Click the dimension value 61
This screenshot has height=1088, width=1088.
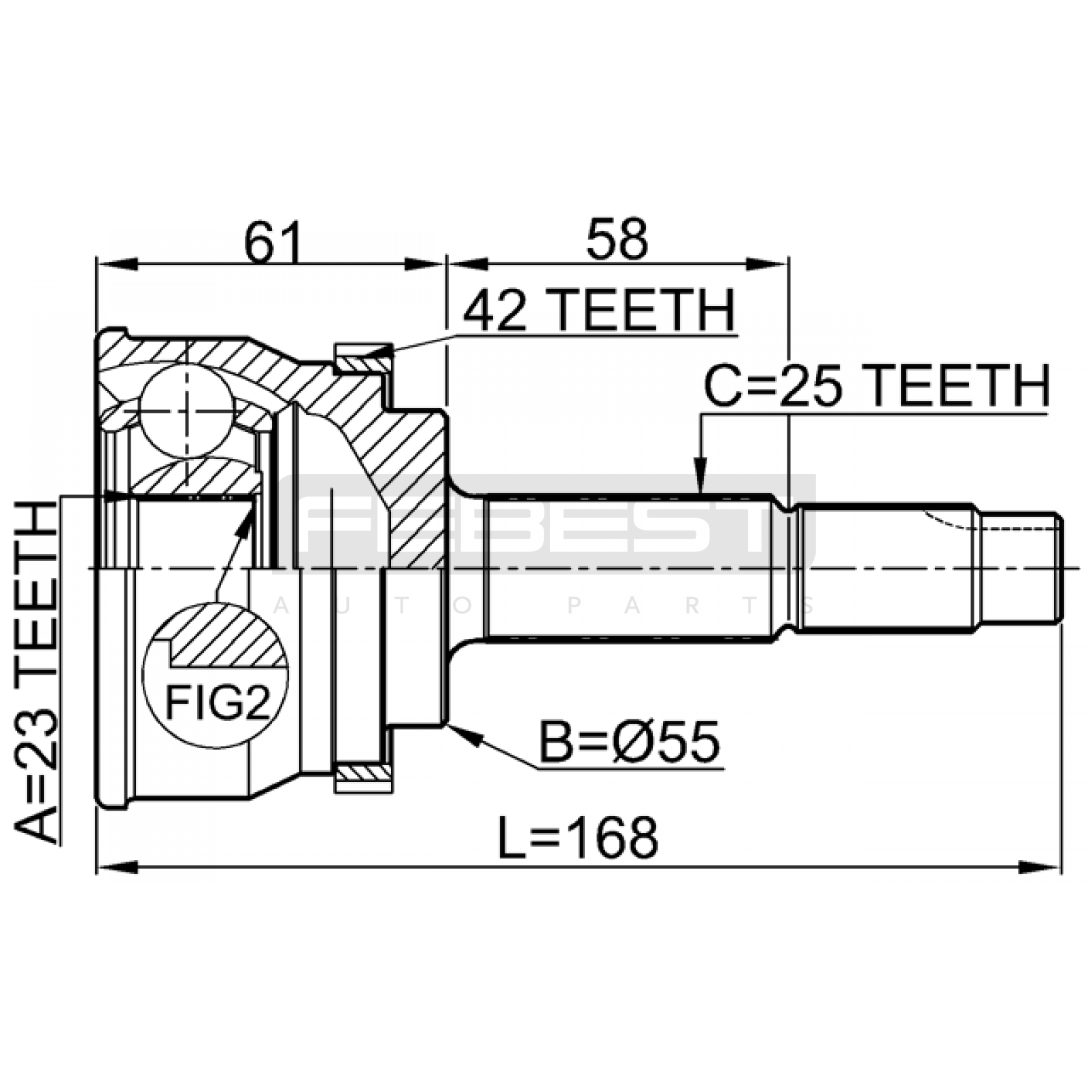(273, 241)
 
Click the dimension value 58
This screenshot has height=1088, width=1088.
(617, 239)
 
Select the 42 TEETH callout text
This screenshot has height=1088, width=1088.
(599, 310)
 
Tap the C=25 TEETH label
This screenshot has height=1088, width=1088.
(877, 386)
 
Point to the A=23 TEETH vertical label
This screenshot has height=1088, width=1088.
(37, 671)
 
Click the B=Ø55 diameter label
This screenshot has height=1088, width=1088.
(629, 742)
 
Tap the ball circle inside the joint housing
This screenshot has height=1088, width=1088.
(187, 410)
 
